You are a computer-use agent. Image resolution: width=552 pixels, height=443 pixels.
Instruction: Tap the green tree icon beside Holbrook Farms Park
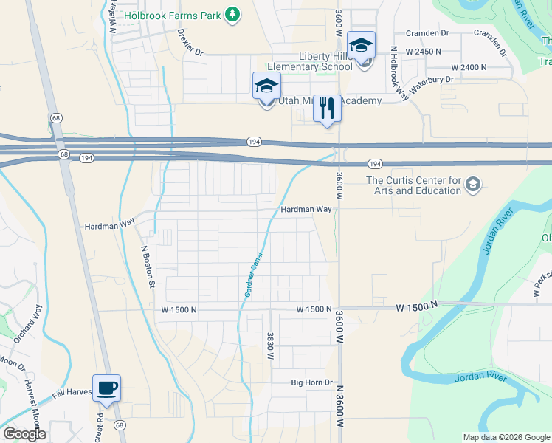point(233,14)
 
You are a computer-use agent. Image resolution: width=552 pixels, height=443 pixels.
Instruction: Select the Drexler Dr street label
point(190,42)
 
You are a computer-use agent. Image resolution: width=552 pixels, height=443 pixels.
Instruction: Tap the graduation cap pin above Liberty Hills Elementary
point(361,47)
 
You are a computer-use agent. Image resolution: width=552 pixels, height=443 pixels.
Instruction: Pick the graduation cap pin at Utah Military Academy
point(266,87)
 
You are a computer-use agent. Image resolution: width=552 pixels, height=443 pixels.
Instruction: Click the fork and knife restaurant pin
point(327,109)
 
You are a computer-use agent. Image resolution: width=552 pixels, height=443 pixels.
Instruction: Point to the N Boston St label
point(149,266)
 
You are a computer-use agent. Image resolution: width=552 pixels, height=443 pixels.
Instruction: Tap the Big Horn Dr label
point(311,382)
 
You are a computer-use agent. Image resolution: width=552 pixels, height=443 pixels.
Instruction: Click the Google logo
point(24,434)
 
